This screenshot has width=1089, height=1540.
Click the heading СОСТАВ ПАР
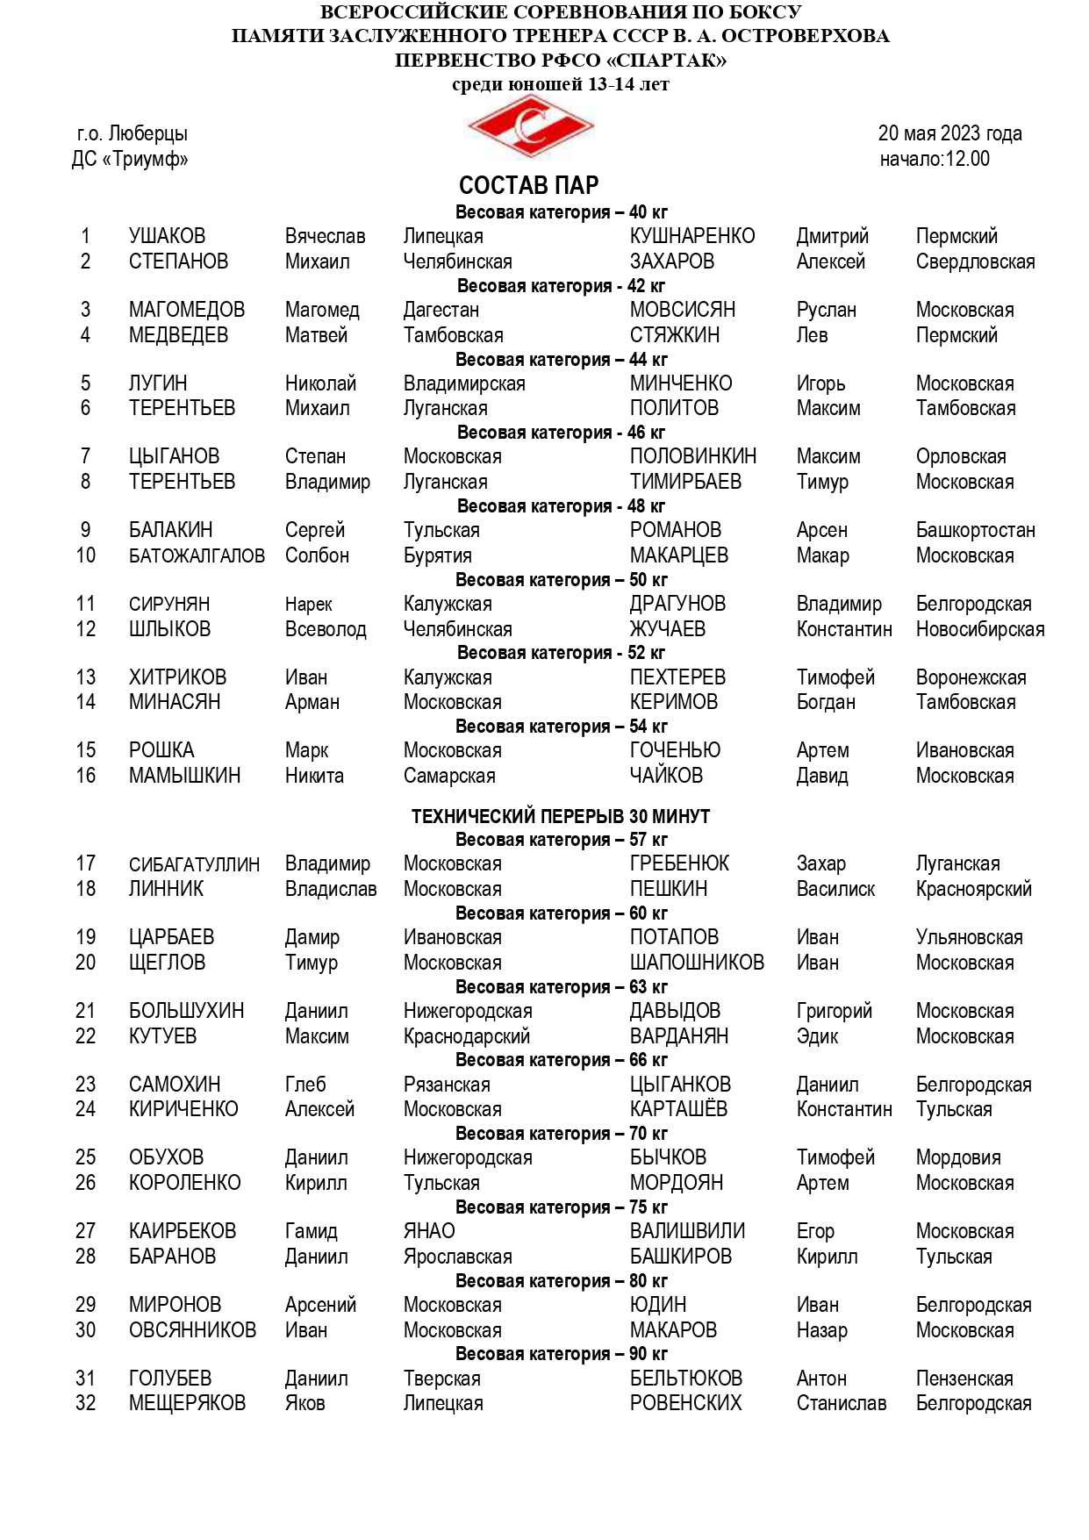(528, 185)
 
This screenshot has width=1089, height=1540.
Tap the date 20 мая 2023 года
(949, 133)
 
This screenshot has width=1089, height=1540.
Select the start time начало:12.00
(935, 159)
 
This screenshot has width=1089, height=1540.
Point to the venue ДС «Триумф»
(130, 159)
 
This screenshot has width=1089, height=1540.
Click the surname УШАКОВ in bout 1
(167, 236)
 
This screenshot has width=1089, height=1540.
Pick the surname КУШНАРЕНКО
(691, 236)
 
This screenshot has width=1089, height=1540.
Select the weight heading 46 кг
(561, 433)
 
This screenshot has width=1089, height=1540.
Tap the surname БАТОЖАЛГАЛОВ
(197, 555)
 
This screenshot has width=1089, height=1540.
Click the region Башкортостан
(975, 530)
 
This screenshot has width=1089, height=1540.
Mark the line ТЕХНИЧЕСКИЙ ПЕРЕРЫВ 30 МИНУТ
(561, 816)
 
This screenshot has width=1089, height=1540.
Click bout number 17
(85, 863)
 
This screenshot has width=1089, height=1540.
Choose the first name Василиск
(835, 889)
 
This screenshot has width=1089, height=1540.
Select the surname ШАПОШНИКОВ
(697, 963)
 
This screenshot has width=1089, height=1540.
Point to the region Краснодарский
(466, 1036)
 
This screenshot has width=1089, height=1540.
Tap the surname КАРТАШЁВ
(678, 1109)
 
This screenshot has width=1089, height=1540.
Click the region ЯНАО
(429, 1231)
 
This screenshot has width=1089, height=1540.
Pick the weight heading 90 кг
(561, 1354)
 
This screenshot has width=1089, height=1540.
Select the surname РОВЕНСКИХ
(685, 1403)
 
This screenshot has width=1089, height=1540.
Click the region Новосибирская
(979, 629)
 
